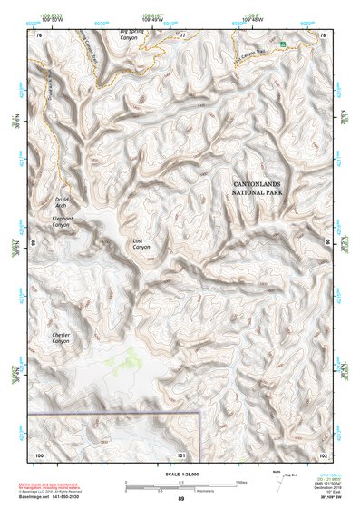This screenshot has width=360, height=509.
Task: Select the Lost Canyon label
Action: tap(141, 244)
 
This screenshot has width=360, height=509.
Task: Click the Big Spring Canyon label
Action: tap(137, 36)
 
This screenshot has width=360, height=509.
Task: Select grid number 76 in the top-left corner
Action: tap(39, 34)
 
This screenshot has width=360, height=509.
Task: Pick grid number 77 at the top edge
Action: tap(181, 34)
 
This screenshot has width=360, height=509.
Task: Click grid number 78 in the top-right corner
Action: tap(323, 34)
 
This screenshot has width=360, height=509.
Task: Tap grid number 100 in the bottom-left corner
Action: tap(39, 454)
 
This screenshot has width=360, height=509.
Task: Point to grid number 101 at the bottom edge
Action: tap(181, 454)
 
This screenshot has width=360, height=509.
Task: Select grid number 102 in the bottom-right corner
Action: tap(323, 454)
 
